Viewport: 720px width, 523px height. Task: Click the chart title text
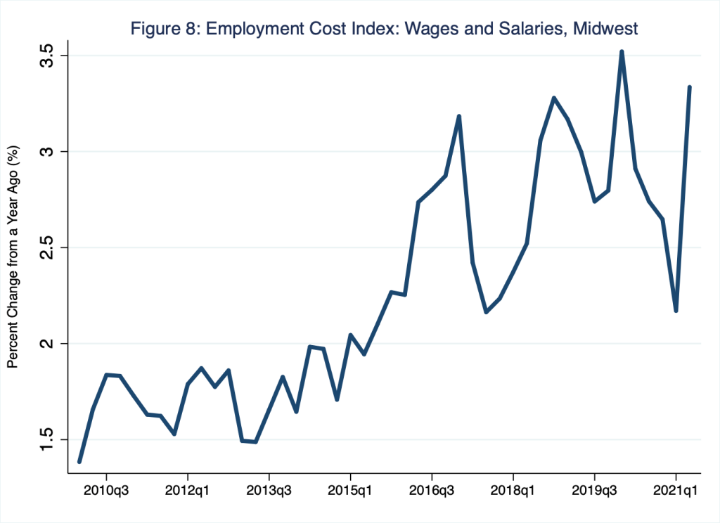(x=384, y=30)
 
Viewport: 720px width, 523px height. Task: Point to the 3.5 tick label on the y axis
(x=47, y=55)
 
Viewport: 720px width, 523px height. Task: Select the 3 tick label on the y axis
(x=47, y=152)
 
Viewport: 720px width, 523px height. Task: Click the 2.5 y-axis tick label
(x=47, y=247)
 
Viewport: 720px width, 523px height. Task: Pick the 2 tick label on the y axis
(x=47, y=344)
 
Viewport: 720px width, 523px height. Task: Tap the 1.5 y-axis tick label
(x=47, y=440)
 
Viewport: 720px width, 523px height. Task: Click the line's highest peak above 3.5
(x=622, y=51)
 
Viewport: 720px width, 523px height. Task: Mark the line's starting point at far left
(x=79, y=462)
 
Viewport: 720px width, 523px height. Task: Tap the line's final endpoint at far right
(x=690, y=87)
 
